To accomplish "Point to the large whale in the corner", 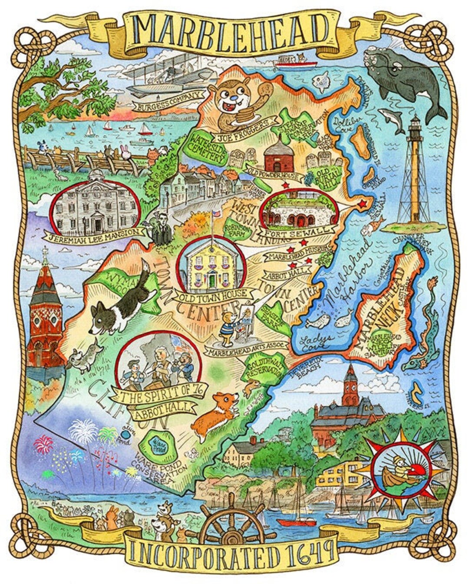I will [x=404, y=80].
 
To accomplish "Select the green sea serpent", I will [x=423, y=335].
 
